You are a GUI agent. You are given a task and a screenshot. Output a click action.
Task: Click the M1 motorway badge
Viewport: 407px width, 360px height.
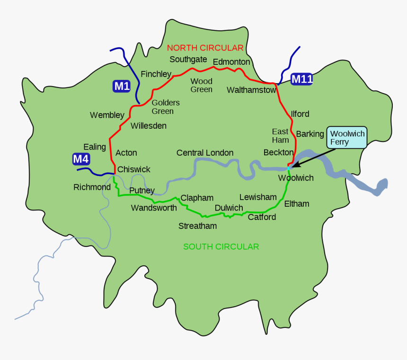122,86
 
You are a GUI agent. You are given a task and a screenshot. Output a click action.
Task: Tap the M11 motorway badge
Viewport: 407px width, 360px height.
301,79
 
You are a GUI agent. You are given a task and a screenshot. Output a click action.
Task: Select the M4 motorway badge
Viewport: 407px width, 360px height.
81,159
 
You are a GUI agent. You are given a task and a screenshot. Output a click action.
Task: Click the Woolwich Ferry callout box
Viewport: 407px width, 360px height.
347,138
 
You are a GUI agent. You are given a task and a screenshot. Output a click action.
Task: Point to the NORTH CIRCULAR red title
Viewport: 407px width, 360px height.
205,48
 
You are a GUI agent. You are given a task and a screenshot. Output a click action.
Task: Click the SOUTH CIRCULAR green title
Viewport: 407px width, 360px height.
221,246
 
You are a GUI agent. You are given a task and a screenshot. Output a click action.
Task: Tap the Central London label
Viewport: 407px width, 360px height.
205,153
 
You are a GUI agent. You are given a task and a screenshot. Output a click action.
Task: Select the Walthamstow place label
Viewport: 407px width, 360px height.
251,90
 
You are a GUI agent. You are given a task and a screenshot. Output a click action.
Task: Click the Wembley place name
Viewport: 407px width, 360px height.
107,115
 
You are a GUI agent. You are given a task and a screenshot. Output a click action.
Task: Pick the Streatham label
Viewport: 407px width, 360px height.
197,226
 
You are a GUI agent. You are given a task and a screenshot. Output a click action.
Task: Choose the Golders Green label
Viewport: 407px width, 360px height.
166,107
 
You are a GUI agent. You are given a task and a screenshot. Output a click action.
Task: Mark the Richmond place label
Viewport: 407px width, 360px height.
92,187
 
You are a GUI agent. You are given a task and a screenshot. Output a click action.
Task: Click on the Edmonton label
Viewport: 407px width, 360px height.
231,62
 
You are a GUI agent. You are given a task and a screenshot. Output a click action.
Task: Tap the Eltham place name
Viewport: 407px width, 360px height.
297,204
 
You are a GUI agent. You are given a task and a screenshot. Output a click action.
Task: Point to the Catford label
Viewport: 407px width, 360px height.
262,217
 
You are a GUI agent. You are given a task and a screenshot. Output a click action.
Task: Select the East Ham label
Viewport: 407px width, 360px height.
280,135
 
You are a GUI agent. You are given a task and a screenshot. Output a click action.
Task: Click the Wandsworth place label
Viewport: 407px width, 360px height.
154,208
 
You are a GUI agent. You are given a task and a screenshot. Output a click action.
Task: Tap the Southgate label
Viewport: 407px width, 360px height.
188,59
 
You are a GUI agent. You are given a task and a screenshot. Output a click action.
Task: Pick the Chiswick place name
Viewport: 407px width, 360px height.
134,169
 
